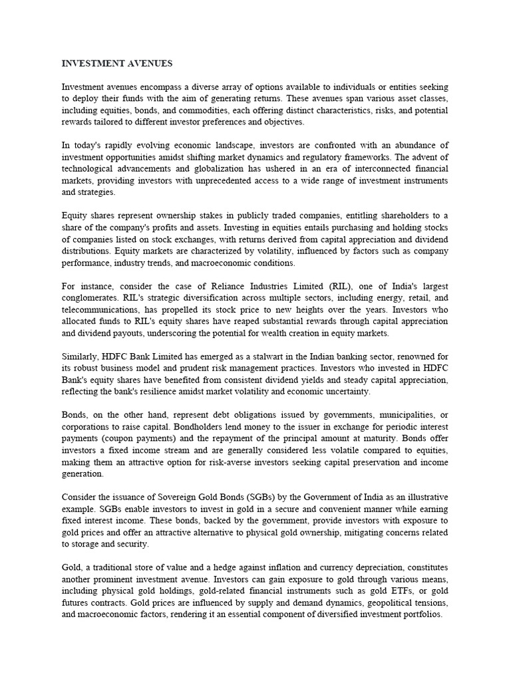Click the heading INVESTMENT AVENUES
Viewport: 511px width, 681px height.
(117, 64)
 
